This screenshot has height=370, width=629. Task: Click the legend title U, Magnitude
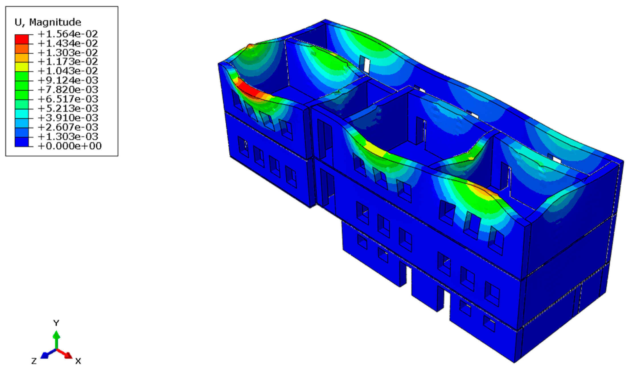(48, 22)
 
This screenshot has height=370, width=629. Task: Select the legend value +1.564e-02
(68, 34)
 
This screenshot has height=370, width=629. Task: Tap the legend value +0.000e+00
(69, 146)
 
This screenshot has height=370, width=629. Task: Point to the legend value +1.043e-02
(68, 71)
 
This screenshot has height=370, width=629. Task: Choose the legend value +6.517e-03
(68, 99)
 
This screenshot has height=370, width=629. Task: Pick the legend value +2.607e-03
(68, 127)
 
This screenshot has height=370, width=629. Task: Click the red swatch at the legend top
(22, 39)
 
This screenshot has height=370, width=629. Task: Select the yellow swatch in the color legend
(22, 67)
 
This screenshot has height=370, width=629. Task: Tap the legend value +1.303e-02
(68, 52)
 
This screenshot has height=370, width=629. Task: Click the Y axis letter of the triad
(56, 323)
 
